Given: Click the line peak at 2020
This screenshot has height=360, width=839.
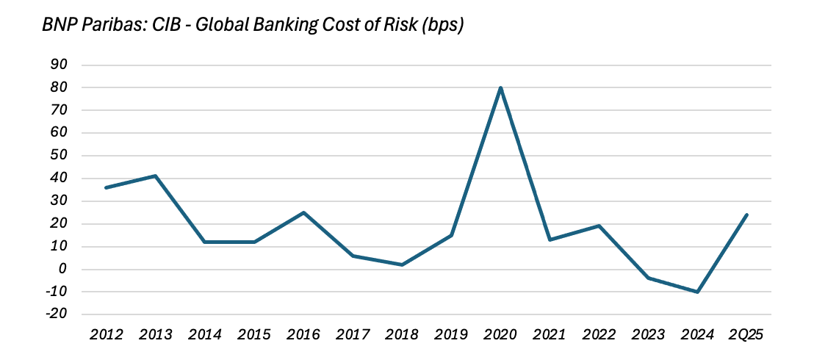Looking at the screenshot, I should tap(500, 88).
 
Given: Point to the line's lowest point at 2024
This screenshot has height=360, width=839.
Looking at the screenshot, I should tap(697, 292).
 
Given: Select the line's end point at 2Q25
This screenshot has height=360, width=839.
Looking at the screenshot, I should tap(746, 215).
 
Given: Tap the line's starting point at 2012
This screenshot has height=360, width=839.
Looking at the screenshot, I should tap(107, 187).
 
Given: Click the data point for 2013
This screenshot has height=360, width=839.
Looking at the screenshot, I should tap(156, 176).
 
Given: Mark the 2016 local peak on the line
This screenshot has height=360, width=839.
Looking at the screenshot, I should tap(303, 212).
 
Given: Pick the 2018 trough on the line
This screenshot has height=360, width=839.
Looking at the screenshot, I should tap(402, 264).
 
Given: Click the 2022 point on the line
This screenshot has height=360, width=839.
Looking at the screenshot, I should tap(599, 226).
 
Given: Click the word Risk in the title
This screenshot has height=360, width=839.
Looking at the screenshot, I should tap(396, 26).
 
